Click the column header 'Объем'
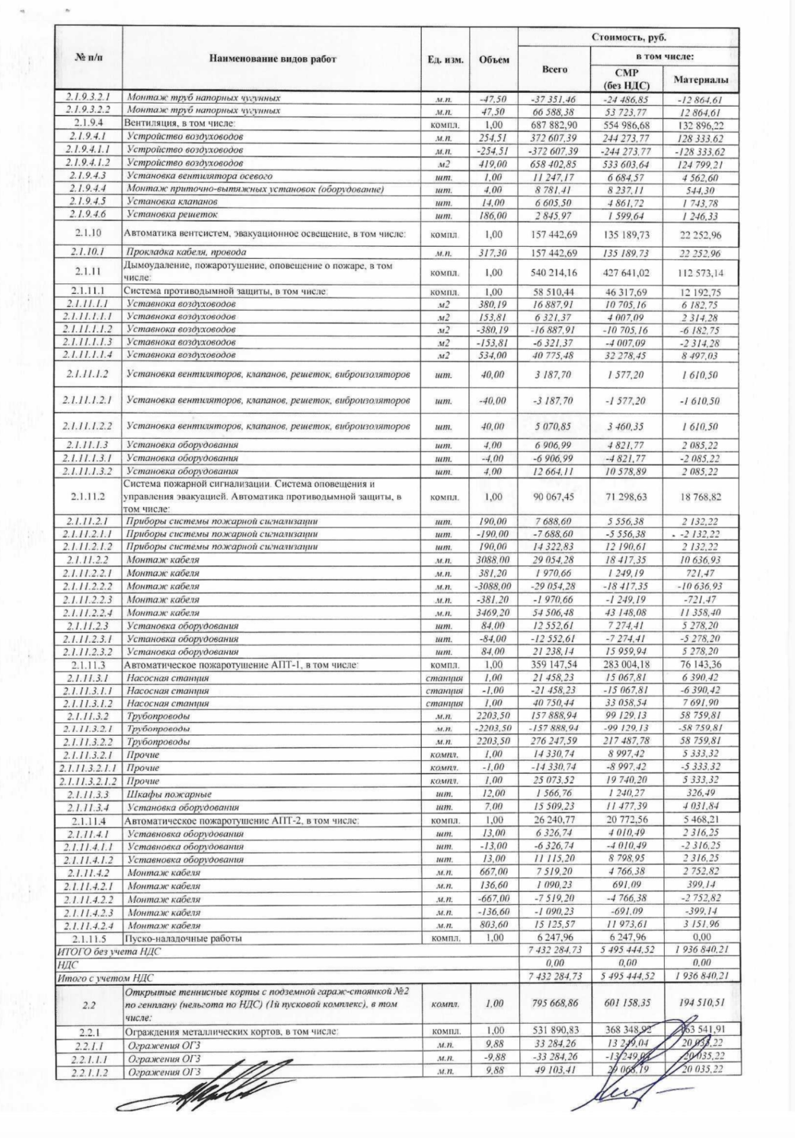click(493, 59)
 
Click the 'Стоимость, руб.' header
click(628, 37)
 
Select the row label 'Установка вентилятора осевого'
click(200, 176)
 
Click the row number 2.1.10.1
click(89, 252)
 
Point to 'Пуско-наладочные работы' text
click(177, 938)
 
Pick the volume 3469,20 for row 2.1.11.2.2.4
click(493, 612)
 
